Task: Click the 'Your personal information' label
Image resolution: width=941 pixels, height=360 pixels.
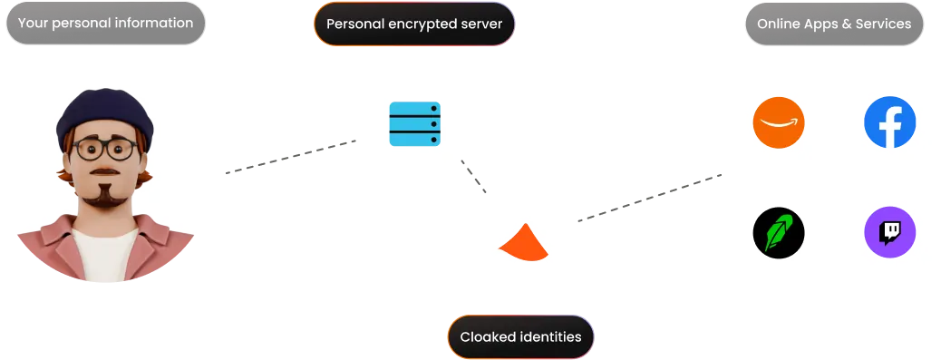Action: pyautogui.click(x=105, y=23)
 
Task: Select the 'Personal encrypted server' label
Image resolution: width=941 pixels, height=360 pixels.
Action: pyautogui.click(x=413, y=24)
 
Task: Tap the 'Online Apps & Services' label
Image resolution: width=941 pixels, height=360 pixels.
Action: pyautogui.click(x=834, y=24)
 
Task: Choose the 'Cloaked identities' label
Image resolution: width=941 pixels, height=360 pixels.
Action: pyautogui.click(x=520, y=337)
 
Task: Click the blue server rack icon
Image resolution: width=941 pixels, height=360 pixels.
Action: pyautogui.click(x=414, y=123)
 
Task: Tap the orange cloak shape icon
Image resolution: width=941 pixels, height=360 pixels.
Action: pyautogui.click(x=523, y=242)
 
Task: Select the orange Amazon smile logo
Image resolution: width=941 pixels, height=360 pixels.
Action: pyautogui.click(x=779, y=122)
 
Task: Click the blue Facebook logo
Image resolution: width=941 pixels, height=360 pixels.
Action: pyautogui.click(x=889, y=122)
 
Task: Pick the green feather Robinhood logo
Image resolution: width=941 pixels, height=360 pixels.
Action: pyautogui.click(x=779, y=233)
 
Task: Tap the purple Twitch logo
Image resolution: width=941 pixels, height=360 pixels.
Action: pyautogui.click(x=889, y=233)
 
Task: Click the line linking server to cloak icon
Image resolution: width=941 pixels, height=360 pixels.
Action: pyautogui.click(x=474, y=178)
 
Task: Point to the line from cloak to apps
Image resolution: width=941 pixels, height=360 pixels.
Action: pyautogui.click(x=648, y=198)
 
